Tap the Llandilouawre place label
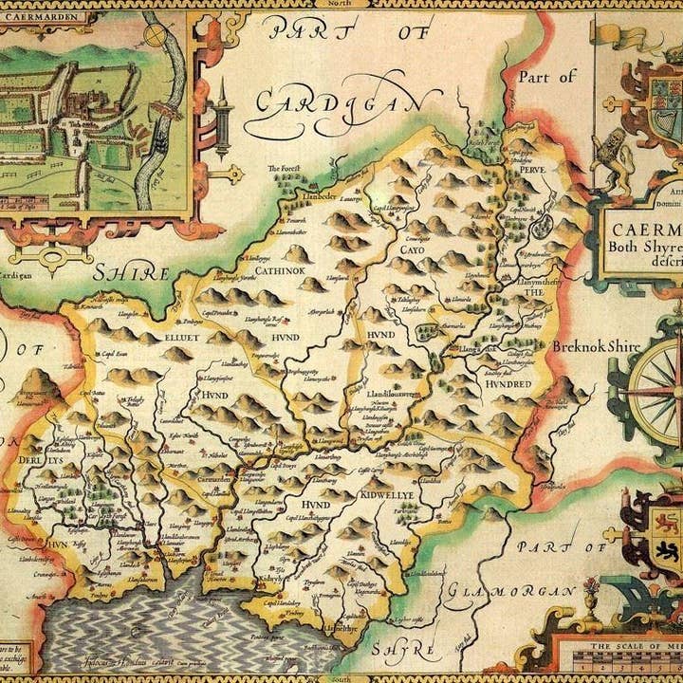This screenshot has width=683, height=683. (x=393, y=393)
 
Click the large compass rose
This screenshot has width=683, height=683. (x=655, y=390)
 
